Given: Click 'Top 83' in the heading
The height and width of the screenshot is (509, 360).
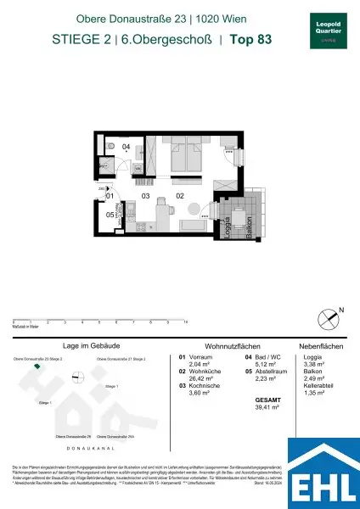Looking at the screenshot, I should point(255,38).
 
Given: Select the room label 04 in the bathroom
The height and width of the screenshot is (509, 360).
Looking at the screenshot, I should point(125,148).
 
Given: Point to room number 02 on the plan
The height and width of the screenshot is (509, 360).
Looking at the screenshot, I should point(180,196).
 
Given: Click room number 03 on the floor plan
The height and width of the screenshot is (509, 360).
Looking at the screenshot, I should point(145,196).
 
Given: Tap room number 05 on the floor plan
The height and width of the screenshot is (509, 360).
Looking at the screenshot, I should point(110,215).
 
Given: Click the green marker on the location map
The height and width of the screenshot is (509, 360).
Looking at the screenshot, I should point(36,367).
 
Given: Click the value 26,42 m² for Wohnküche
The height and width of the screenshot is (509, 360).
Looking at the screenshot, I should point(194,378).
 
